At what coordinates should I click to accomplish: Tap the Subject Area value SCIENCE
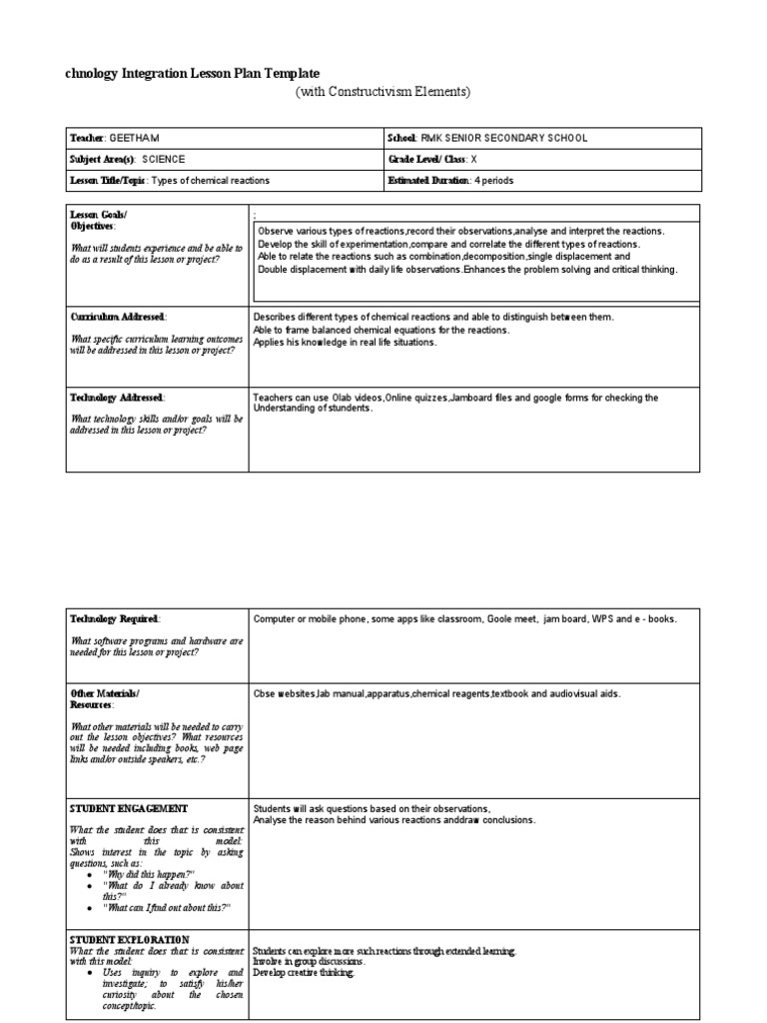click(x=163, y=159)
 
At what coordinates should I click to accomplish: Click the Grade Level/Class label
click(x=428, y=159)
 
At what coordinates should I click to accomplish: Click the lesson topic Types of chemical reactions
click(x=212, y=181)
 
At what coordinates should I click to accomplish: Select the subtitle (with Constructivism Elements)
click(x=382, y=92)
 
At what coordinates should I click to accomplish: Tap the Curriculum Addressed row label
click(x=118, y=317)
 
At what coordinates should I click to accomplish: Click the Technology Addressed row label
click(x=117, y=398)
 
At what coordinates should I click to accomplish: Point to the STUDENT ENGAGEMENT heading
click(x=129, y=808)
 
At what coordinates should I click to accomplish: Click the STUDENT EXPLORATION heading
click(x=130, y=940)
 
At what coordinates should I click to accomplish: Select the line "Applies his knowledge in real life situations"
click(x=346, y=342)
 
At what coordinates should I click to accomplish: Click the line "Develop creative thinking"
click(x=304, y=972)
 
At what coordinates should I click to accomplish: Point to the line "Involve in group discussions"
click(x=310, y=962)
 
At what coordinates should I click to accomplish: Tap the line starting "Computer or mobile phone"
click(x=465, y=619)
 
